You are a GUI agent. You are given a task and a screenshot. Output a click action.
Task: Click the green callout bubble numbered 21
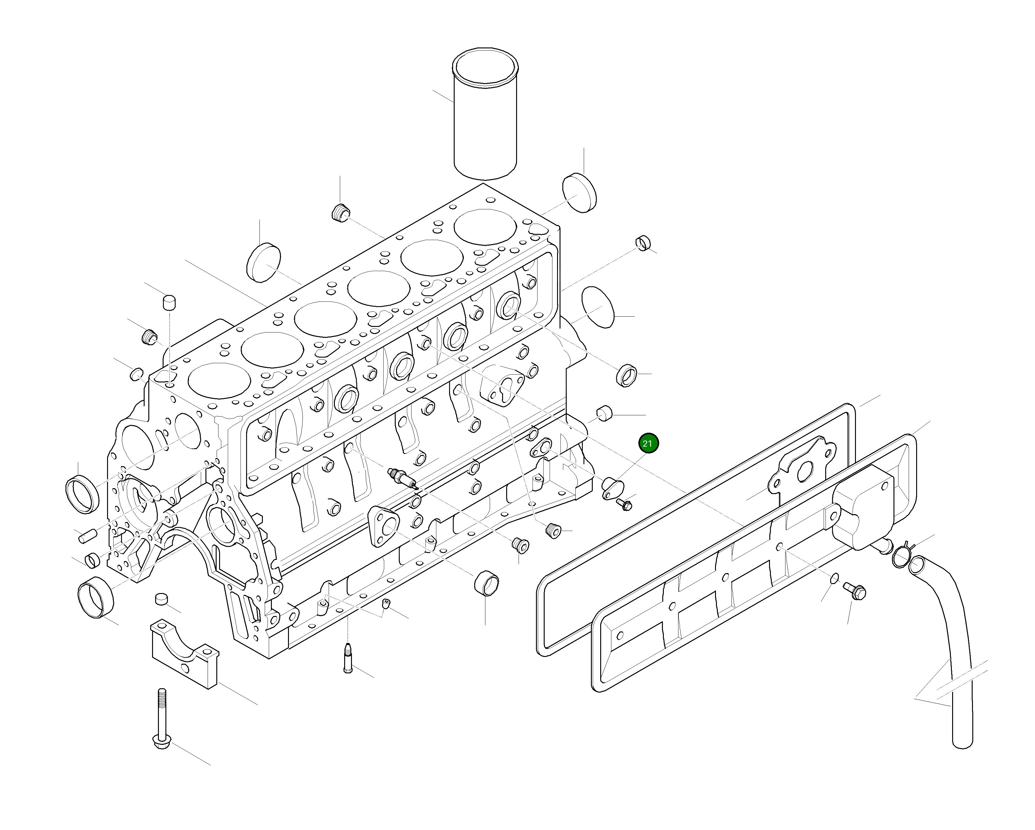(648, 443)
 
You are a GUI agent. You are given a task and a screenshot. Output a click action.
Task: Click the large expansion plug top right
(579, 193)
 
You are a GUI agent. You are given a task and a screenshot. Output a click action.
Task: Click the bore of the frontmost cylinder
(219, 381)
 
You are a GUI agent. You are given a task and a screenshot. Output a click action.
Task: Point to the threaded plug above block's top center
(340, 212)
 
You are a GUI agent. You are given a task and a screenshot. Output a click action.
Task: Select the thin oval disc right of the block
(598, 308)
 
